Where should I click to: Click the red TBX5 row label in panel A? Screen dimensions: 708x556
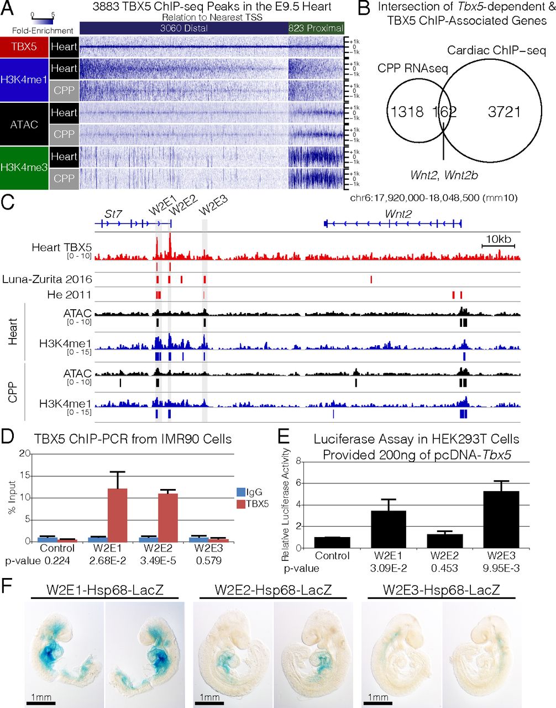24,47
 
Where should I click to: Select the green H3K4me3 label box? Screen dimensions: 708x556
24,168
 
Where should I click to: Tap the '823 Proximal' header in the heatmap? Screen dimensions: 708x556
316,28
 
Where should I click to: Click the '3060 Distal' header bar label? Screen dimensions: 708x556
184,28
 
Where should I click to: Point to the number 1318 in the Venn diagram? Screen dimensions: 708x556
407,112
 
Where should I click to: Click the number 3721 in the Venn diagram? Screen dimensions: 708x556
504,112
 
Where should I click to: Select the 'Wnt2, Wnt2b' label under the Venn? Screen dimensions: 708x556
444,175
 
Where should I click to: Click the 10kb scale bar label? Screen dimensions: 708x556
498,238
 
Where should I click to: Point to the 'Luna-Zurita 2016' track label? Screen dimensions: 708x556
47,280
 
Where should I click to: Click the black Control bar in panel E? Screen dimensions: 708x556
333,542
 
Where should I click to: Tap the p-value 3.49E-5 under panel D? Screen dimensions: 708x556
165,561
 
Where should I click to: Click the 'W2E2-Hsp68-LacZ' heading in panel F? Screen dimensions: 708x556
273,590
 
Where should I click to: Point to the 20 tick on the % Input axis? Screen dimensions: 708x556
23,454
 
